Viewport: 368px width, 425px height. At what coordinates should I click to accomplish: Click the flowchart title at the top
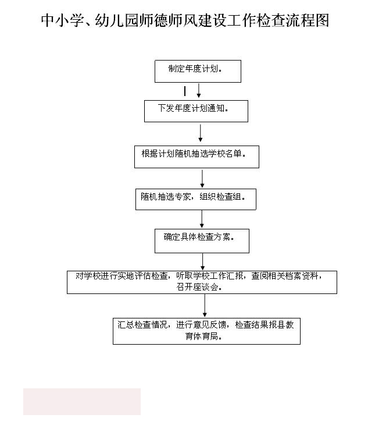[x=185, y=20]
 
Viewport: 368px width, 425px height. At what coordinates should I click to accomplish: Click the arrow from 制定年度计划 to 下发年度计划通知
[x=199, y=90]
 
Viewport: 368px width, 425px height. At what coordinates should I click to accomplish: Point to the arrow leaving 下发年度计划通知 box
[x=201, y=133]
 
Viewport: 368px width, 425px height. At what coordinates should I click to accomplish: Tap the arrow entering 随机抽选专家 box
[x=202, y=179]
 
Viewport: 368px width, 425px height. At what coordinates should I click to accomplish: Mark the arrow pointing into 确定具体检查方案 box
[x=202, y=219]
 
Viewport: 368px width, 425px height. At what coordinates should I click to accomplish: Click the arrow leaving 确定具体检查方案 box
[x=203, y=262]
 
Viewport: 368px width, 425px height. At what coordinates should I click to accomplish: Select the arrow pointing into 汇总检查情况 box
[x=205, y=306]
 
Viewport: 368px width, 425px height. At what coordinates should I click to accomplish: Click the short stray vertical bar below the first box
[x=185, y=91]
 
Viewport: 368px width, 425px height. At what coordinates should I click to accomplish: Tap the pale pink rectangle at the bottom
[x=82, y=401]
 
